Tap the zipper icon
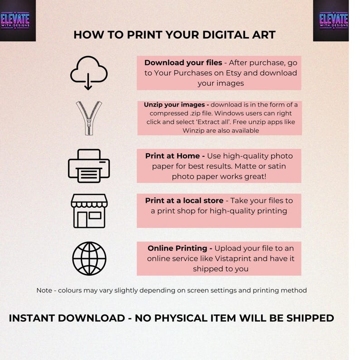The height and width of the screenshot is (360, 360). pyautogui.click(x=88, y=118)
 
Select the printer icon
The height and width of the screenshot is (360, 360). pyautogui.click(x=88, y=165)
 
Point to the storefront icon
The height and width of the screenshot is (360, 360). pyautogui.click(x=89, y=211)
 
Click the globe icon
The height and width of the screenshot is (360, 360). pyautogui.click(x=89, y=258)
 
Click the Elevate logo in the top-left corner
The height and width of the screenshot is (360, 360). pyautogui.click(x=18, y=20)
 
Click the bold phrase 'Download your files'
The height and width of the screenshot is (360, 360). pyautogui.click(x=183, y=63)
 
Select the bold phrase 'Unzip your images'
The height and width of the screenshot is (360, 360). pyautogui.click(x=173, y=104)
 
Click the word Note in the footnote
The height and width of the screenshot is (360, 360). pyautogui.click(x=44, y=290)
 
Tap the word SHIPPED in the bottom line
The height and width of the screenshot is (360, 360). pyautogui.click(x=306, y=318)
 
